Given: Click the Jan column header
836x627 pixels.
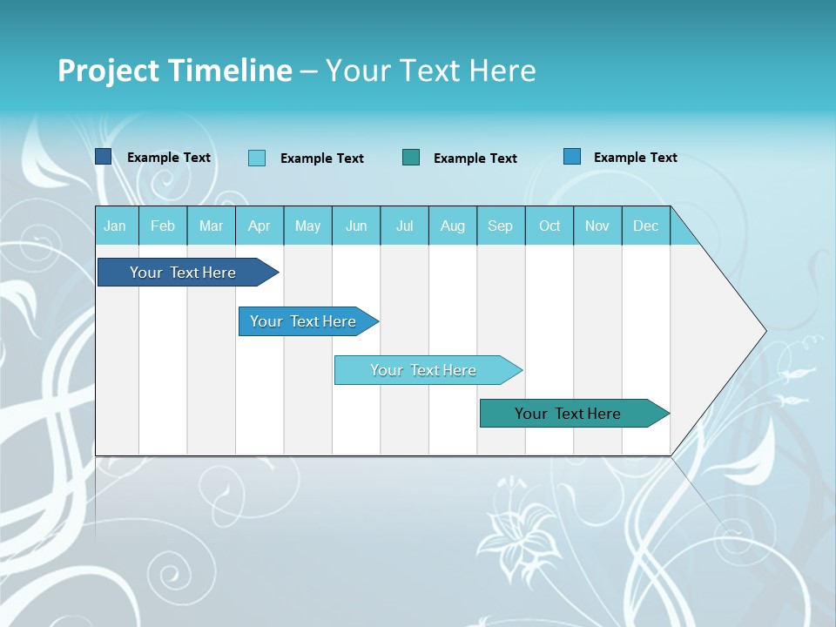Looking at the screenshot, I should (x=115, y=226).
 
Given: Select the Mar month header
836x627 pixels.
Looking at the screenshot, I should (x=211, y=226).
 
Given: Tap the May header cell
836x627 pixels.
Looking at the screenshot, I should (x=307, y=226).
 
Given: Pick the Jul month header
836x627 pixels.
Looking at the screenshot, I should (x=404, y=226).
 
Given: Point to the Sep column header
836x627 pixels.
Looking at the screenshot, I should (x=500, y=226).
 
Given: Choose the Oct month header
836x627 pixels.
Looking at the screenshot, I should (x=549, y=226).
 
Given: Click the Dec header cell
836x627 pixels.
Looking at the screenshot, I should (x=645, y=226).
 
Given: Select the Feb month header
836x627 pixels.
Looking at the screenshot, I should (x=163, y=226).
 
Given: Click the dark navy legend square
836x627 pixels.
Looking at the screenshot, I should (x=103, y=157).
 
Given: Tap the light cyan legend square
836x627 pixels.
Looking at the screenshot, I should (x=257, y=158).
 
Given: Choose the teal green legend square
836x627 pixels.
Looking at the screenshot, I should (x=411, y=157).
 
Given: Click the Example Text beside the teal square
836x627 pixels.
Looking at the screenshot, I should (x=475, y=158).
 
